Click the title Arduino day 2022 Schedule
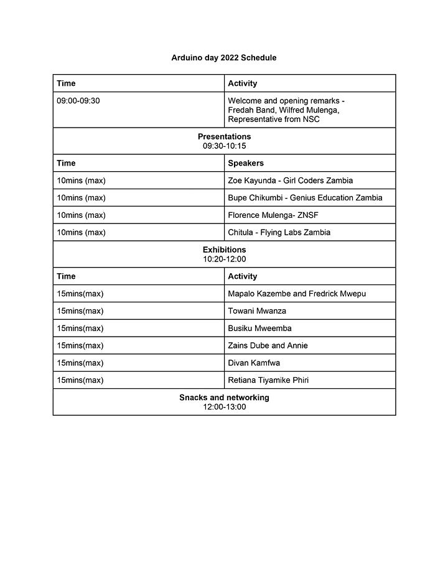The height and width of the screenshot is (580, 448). [224, 58]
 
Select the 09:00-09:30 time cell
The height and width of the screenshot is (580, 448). [78, 101]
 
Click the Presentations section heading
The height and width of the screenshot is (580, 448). [224, 136]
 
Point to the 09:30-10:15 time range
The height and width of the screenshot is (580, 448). [224, 146]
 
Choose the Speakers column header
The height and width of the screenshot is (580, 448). [246, 163]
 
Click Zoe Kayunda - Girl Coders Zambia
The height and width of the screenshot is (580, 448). [290, 180]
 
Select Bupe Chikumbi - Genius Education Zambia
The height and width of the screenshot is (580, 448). [305, 198]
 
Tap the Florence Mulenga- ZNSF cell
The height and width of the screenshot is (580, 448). [273, 215]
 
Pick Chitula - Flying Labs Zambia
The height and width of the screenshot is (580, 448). [279, 233]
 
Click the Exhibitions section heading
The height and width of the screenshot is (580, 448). [224, 250]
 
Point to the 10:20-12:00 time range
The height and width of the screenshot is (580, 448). [224, 259]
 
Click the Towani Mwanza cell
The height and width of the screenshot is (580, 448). [257, 311]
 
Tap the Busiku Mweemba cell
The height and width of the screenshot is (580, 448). [259, 329]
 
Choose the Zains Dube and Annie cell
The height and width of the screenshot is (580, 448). [268, 346]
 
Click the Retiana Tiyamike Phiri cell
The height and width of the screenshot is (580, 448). [268, 381]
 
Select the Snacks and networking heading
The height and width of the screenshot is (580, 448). [224, 398]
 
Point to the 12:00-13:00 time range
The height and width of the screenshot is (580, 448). [224, 407]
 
